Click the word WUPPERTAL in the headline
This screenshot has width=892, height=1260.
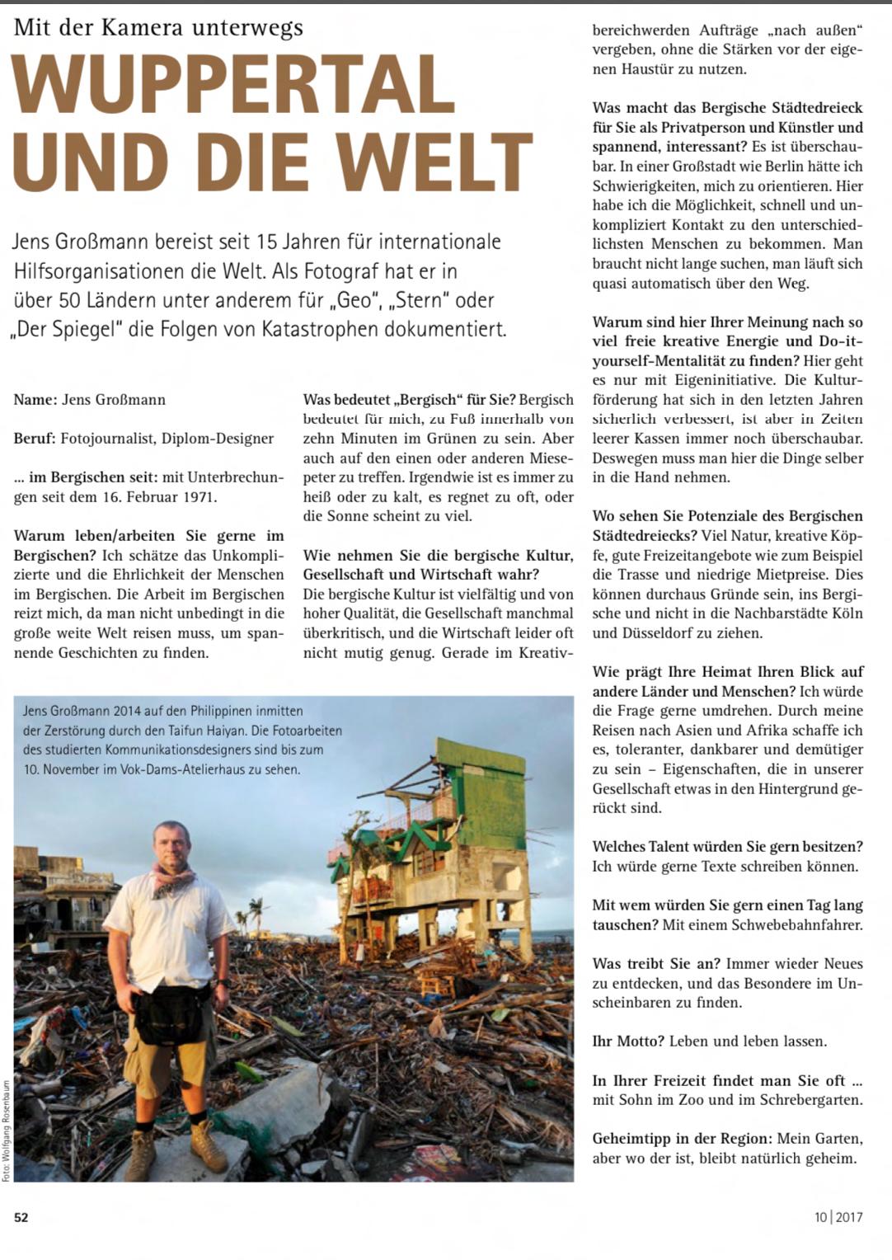tap(233, 87)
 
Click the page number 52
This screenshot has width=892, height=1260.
tap(21, 1217)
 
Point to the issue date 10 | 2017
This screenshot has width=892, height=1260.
tap(838, 1217)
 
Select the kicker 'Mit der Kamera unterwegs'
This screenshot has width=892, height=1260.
tap(158, 28)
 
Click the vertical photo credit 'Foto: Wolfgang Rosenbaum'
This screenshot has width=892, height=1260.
tap(7, 1131)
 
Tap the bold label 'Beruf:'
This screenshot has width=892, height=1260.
tap(35, 439)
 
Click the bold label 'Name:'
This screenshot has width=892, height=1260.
tap(35, 400)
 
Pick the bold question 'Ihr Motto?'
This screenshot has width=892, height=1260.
tap(628, 1041)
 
